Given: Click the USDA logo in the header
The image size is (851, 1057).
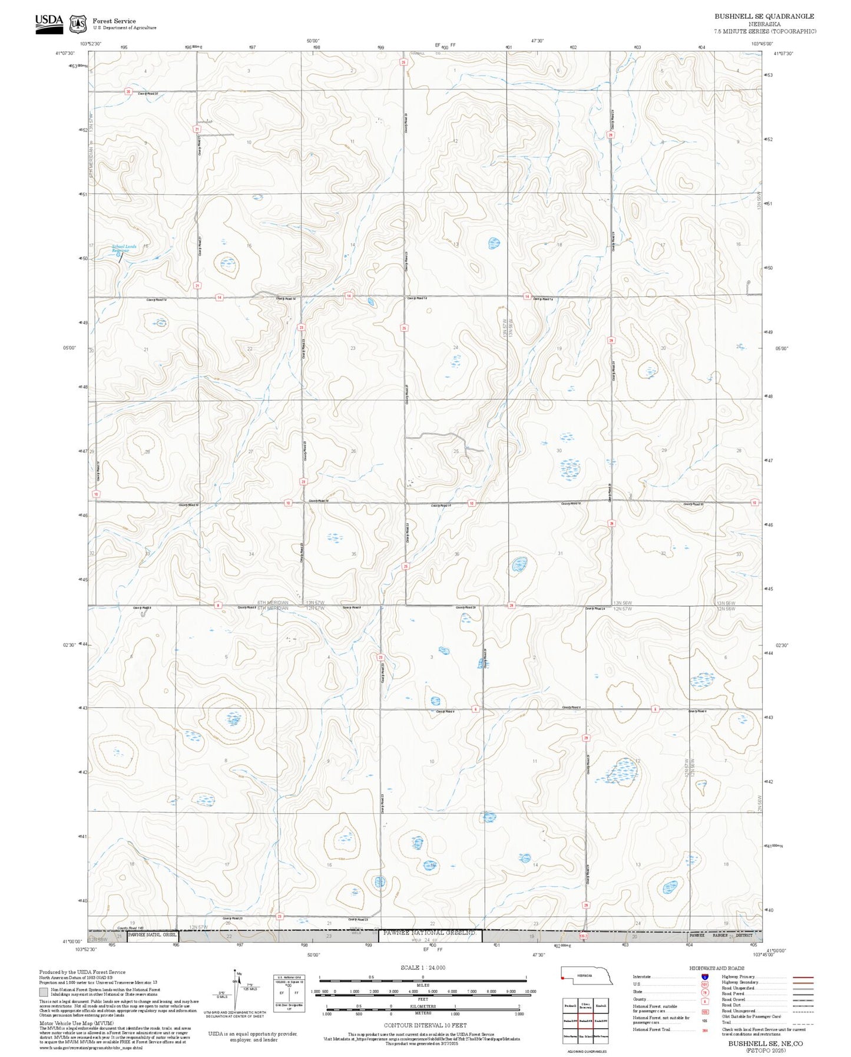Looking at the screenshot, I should pos(49,22).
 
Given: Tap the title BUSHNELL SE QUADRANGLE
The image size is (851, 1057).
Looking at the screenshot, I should pos(764,16).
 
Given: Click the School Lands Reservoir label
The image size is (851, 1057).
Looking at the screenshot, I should pos(124,249).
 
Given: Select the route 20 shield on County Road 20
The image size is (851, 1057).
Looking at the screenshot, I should pos(128,91).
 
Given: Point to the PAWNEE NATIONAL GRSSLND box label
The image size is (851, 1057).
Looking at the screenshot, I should pos(429,933).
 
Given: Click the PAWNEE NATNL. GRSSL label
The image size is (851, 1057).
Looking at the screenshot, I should pos(153,934).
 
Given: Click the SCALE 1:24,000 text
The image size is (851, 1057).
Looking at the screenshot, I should pos(422,967).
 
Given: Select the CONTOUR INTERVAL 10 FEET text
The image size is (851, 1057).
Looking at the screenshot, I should pos(422,1025).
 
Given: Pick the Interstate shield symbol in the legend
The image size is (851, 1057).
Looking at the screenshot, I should pos(704,977).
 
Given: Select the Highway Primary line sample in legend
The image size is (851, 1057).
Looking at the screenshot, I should pos(803,977).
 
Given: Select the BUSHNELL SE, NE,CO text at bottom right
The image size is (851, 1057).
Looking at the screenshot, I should pos(764,1043).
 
